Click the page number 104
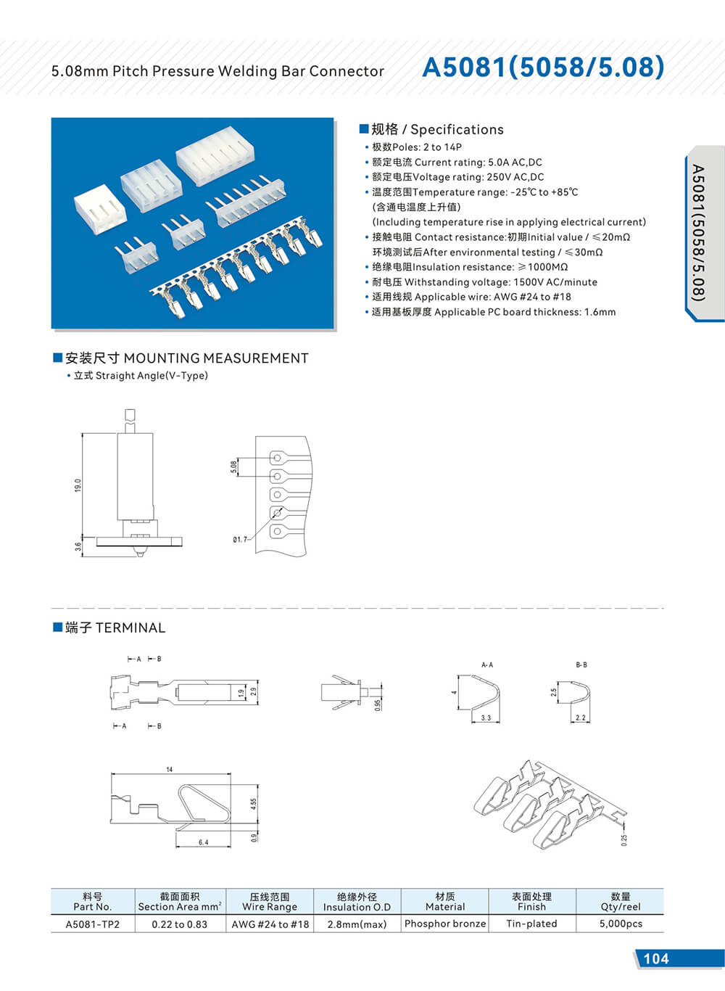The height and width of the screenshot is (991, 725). click(655, 958)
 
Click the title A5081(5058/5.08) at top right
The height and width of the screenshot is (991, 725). click(542, 67)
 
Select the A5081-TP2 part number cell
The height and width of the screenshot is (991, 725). click(93, 924)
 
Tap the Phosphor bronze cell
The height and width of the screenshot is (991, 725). click(444, 924)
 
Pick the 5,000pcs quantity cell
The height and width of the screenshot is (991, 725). click(621, 924)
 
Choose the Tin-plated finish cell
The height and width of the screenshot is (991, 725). click(531, 924)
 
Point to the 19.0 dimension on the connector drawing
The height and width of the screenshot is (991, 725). click(78, 485)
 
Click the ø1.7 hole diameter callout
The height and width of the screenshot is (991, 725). click(240, 540)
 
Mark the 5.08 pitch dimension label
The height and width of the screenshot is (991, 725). click(233, 467)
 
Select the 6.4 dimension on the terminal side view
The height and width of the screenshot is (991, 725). click(203, 842)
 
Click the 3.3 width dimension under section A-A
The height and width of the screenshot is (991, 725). click(486, 718)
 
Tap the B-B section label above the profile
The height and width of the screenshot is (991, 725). click(581, 665)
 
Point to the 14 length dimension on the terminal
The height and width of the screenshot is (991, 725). click(170, 769)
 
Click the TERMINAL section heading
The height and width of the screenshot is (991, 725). click(115, 628)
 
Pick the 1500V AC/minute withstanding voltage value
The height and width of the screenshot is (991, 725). click(555, 282)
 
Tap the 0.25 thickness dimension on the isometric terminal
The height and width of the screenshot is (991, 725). click(624, 839)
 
